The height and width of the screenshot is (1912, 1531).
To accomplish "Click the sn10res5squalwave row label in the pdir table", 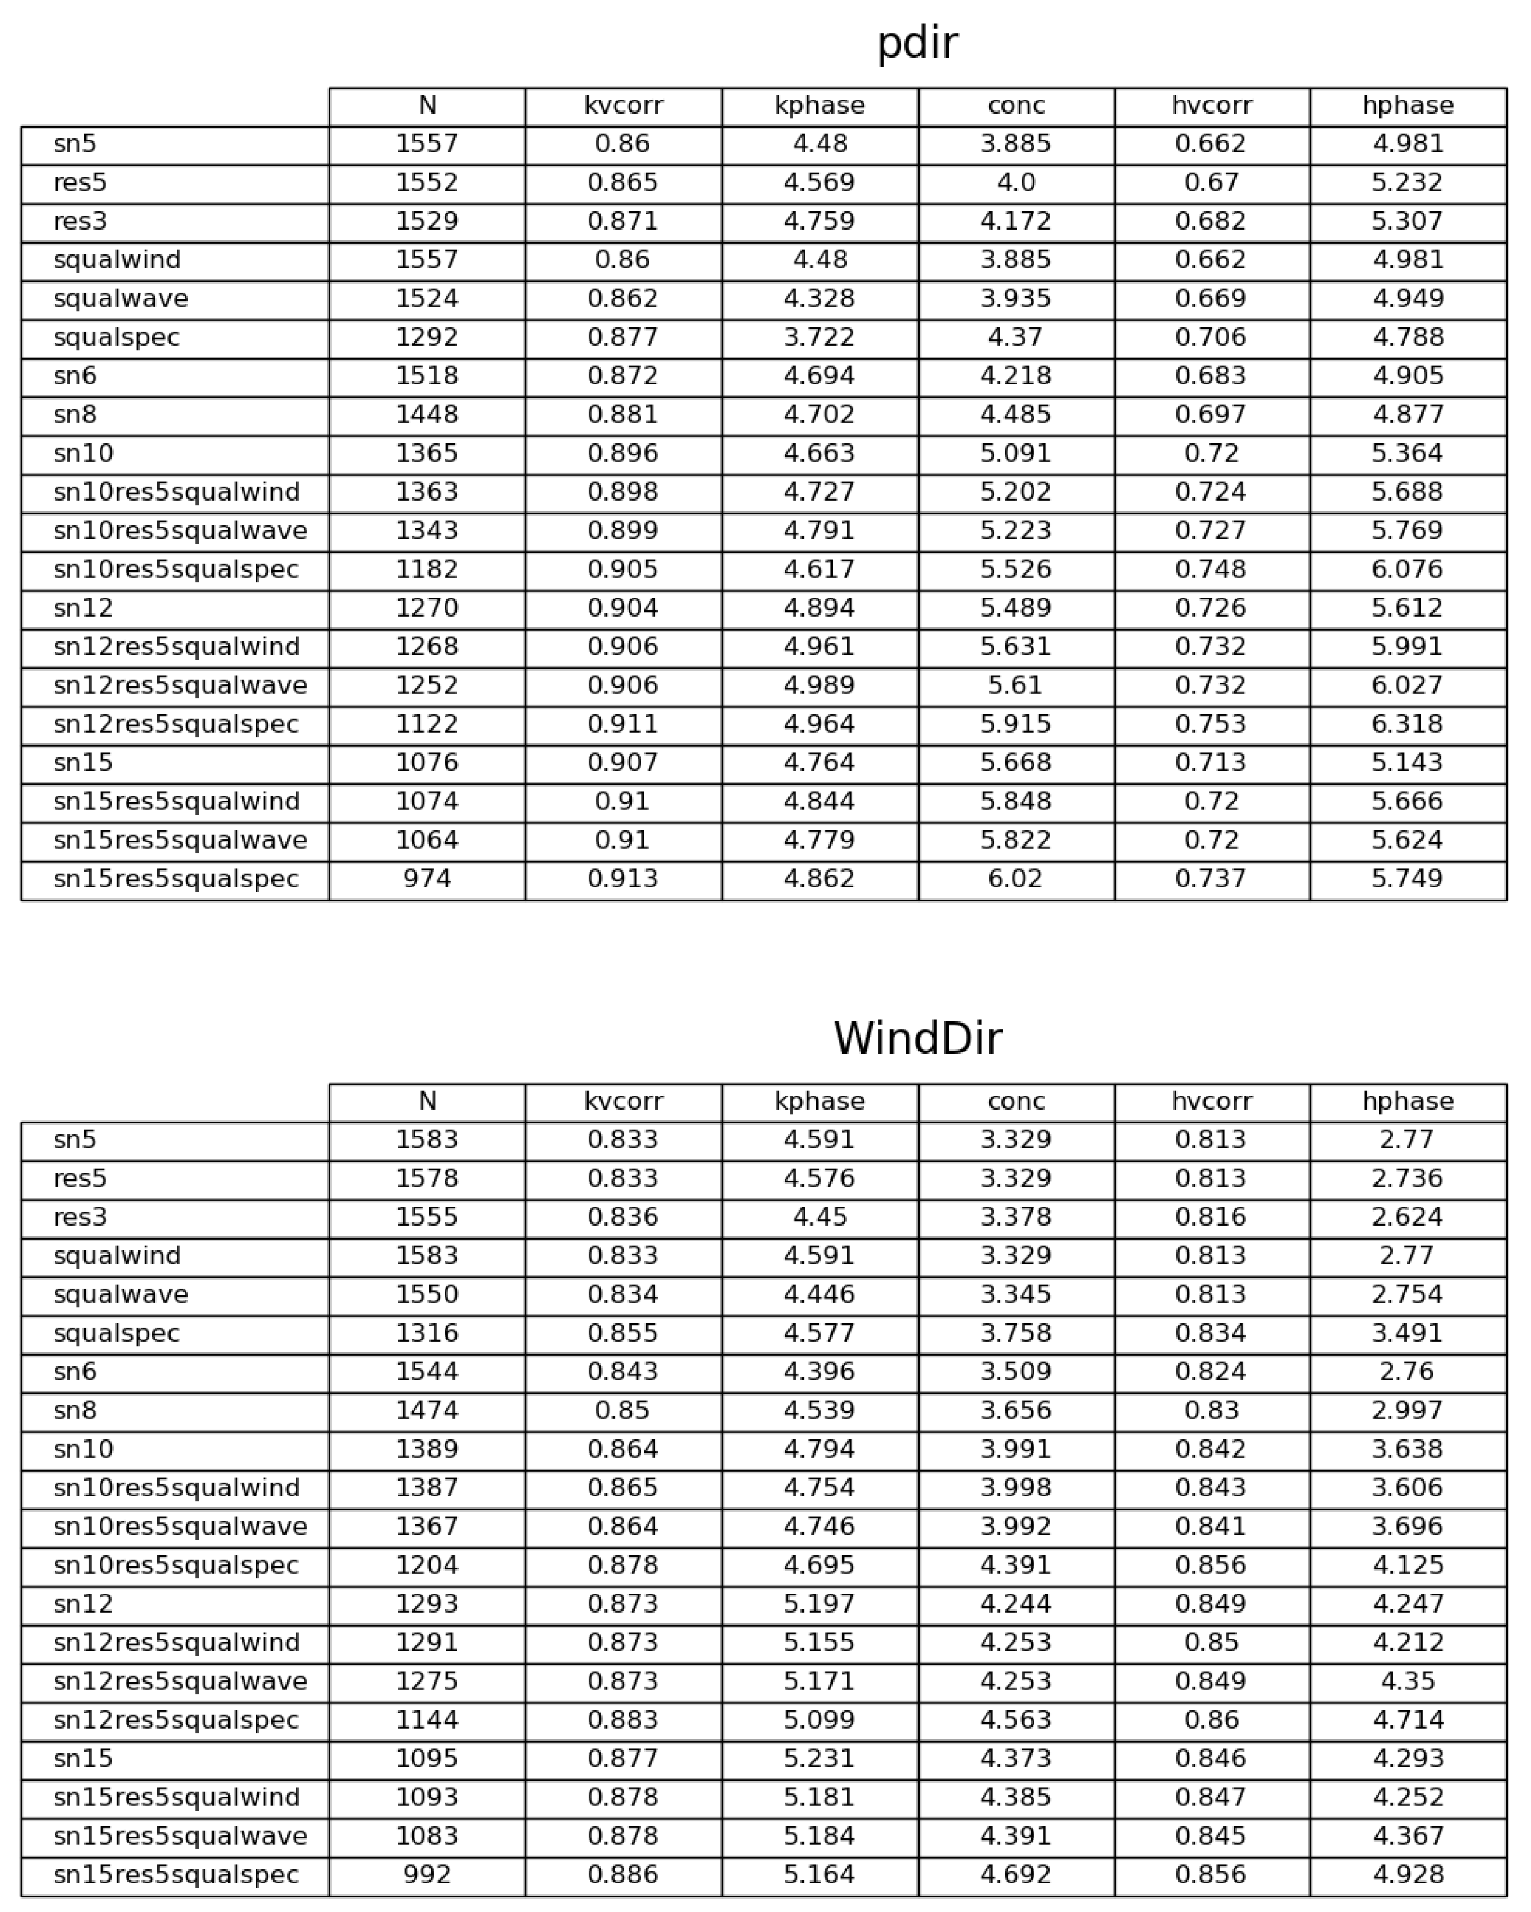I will point(180,530).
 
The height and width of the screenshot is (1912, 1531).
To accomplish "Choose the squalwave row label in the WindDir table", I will point(121,1294).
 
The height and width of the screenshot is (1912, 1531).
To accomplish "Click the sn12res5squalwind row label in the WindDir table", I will point(176,1642).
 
